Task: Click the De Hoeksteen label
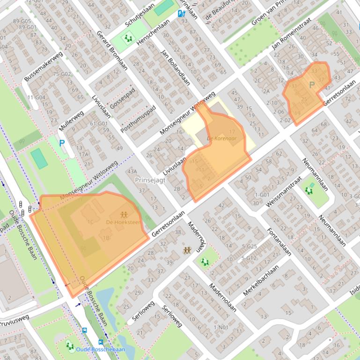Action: coord(124,222)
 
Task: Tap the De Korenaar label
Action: coord(222,139)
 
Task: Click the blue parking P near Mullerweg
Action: coord(62,143)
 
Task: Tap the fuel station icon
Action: coord(182,14)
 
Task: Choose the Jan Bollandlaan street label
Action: coord(175,66)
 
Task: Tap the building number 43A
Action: coord(132,172)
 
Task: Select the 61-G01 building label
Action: coord(99,123)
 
